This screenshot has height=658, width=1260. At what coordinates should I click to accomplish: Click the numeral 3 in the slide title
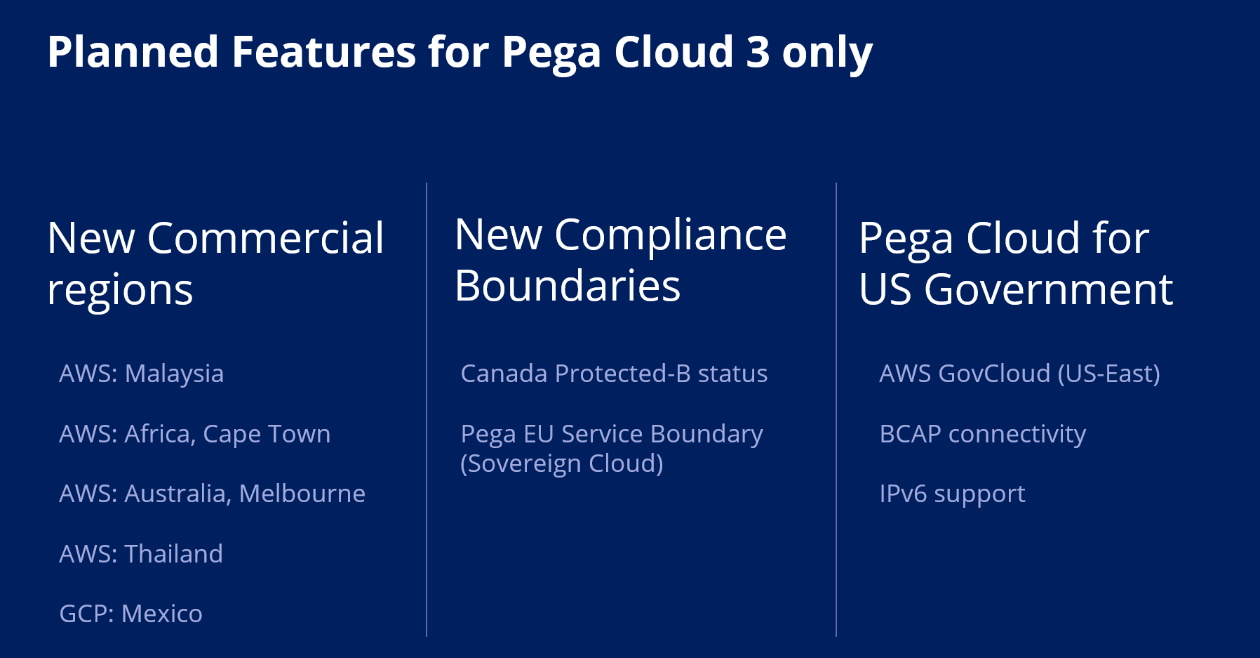(x=758, y=52)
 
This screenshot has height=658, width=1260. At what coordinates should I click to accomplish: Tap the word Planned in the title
(x=133, y=52)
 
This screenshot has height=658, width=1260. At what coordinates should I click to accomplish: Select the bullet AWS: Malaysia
(x=142, y=374)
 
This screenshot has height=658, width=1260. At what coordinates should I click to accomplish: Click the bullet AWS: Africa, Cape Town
(x=195, y=434)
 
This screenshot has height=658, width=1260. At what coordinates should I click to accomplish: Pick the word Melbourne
(x=302, y=494)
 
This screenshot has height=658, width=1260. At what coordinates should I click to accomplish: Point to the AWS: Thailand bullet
(x=141, y=554)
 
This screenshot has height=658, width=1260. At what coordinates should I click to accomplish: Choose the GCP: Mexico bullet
(x=131, y=614)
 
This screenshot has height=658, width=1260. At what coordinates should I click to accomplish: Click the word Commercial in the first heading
(x=266, y=238)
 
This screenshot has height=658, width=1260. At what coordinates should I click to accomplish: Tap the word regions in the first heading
(x=120, y=291)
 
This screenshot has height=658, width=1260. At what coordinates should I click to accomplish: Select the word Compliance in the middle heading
(x=671, y=236)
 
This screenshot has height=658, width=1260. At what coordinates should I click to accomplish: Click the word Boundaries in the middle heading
(x=568, y=287)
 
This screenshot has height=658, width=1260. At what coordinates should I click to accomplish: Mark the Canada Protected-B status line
(x=614, y=374)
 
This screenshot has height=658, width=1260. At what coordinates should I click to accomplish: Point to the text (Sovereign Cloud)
(x=562, y=463)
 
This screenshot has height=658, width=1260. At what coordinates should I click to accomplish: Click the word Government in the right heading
(x=1049, y=289)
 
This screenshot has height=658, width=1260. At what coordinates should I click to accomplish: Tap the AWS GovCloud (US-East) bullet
(x=1019, y=374)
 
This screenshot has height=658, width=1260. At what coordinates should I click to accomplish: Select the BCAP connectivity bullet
(x=983, y=434)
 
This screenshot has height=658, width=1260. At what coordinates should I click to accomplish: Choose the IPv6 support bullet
(x=953, y=494)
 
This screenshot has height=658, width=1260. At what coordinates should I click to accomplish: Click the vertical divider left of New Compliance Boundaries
(x=427, y=409)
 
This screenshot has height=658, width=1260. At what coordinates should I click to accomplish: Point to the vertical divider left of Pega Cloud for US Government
(x=836, y=409)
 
